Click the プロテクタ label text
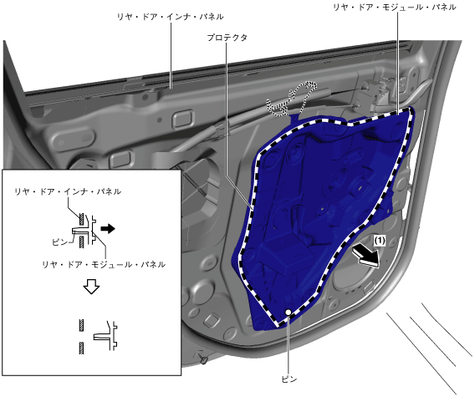(227, 38)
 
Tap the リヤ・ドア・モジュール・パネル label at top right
(395, 7)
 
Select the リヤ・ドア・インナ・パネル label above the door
(171, 17)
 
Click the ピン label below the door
(289, 379)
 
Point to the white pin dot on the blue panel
(288, 312)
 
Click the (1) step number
(380, 241)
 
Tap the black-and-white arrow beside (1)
(367, 254)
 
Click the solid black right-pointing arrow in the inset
(108, 228)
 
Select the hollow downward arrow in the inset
(91, 286)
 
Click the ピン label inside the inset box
(59, 242)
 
